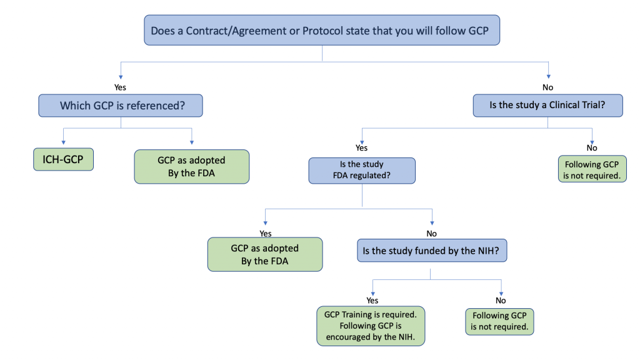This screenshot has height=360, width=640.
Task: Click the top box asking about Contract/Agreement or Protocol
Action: click(322, 30)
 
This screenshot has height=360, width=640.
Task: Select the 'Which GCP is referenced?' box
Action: click(121, 106)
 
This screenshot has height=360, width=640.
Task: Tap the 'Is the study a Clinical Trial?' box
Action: click(547, 106)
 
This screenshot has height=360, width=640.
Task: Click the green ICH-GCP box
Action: click(62, 160)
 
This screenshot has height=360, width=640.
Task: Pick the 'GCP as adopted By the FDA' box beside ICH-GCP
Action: click(191, 166)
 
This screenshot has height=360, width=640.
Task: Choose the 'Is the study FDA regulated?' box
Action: click(362, 170)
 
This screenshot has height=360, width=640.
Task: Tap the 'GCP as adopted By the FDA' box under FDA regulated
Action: click(265, 254)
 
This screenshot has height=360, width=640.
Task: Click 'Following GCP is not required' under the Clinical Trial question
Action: click(592, 171)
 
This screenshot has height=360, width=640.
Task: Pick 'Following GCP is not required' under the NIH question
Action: click(500, 321)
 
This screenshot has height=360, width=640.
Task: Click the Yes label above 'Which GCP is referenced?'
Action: click(120, 87)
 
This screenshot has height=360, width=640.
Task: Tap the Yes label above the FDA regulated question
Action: click(362, 148)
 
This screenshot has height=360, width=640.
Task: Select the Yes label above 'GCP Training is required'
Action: click(372, 300)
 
